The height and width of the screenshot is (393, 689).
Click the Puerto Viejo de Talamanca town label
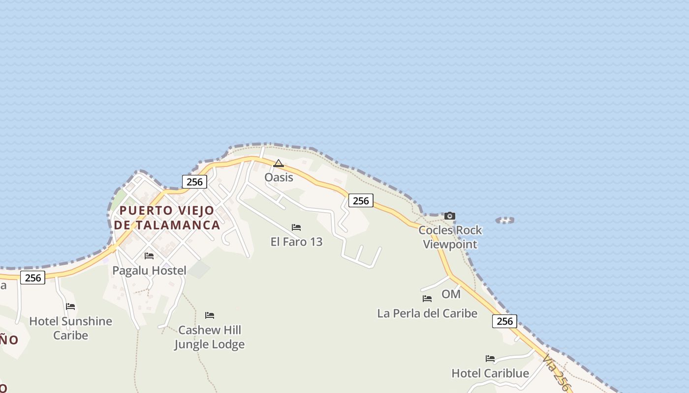167,218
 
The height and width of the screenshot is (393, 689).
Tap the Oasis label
279,177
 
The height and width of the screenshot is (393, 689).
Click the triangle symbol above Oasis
279,163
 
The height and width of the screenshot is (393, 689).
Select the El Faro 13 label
296,242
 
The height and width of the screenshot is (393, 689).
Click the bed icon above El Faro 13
296,227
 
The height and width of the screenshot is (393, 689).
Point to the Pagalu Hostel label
149,270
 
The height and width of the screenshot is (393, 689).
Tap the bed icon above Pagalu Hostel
149,256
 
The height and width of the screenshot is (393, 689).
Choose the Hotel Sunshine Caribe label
71,328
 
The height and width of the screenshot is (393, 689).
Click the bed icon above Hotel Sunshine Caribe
71,307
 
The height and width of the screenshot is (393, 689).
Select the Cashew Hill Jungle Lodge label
210,337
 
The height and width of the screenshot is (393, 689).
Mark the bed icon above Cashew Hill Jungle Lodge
210,315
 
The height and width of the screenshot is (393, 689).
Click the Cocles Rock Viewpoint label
450,237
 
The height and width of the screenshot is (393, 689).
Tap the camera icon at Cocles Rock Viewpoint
449,216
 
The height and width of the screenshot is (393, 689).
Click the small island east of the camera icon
505,220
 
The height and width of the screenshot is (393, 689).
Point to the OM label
451,294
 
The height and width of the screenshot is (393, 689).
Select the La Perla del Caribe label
427,313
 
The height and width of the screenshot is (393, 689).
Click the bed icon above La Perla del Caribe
427,299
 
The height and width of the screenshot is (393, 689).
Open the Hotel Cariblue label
490,373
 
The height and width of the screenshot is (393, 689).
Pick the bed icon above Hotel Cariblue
490,359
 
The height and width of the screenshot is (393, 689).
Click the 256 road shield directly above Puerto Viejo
194,182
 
